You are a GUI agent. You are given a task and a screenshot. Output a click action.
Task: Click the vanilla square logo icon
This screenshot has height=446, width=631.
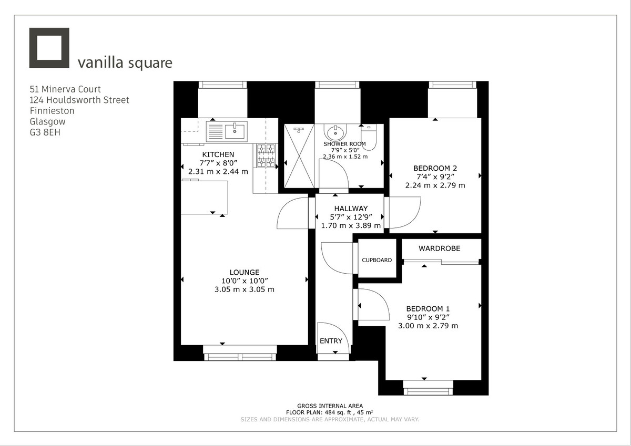pos(49,48)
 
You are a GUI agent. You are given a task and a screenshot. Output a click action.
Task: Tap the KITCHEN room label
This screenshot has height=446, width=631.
pos(218,154)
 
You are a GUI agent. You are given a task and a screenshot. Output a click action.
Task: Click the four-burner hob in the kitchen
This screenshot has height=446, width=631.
pos(266,155)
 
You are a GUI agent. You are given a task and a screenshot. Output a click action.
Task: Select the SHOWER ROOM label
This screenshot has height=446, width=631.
pos(344,144)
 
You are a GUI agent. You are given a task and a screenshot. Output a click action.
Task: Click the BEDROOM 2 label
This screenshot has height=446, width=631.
pos(435,168)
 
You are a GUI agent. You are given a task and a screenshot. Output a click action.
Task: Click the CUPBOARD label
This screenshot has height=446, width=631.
pos(376,260)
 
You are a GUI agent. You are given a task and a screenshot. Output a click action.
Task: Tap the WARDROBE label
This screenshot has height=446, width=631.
pos(439,248)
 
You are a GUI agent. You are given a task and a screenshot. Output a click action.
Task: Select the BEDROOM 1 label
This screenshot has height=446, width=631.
pos(428,309)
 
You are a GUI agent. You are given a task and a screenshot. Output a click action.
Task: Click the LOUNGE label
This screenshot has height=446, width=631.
pos(245,272)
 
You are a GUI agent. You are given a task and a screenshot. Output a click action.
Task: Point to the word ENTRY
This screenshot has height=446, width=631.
pos(331,341)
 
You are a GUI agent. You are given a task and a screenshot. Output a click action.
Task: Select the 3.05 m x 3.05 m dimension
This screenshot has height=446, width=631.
pos(245,289)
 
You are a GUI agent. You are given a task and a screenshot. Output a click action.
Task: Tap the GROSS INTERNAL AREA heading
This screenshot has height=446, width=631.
pos(330,406)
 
